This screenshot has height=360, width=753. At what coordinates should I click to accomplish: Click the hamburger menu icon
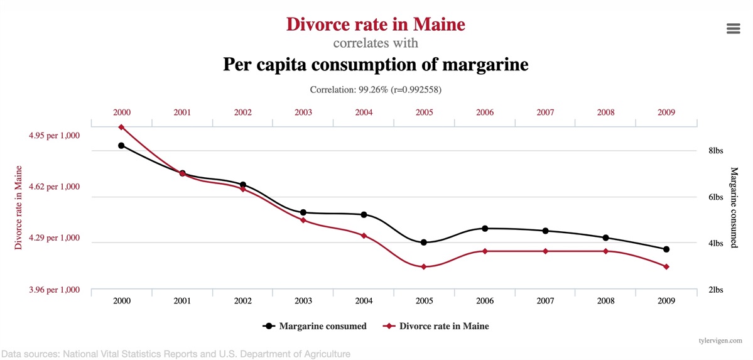pyautogui.click(x=733, y=29)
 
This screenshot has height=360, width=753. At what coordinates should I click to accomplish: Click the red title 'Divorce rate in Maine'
pyautogui.click(x=376, y=25)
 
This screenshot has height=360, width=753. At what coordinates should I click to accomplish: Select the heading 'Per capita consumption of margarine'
pyautogui.click(x=376, y=65)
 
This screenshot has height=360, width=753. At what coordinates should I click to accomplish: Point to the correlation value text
pyautogui.click(x=376, y=90)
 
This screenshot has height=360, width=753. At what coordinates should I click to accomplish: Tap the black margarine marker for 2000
pyautogui.click(x=122, y=146)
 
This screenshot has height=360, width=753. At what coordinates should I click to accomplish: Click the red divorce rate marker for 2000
pyautogui.click(x=122, y=127)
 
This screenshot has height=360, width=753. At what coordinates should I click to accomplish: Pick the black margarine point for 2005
pyautogui.click(x=424, y=243)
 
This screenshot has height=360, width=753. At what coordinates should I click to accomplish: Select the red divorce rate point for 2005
pyautogui.click(x=424, y=267)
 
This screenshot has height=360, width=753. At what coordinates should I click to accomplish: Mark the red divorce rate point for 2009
pyautogui.click(x=666, y=267)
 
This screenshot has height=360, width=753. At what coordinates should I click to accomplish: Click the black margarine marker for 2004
pyautogui.click(x=364, y=215)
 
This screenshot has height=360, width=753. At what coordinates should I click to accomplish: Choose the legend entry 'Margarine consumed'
pyautogui.click(x=315, y=326)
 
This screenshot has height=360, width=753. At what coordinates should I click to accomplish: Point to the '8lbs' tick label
pyautogui.click(x=716, y=151)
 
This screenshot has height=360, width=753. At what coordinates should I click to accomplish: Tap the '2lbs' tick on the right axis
pyautogui.click(x=716, y=290)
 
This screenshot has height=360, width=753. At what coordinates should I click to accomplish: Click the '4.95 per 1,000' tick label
pyautogui.click(x=55, y=135)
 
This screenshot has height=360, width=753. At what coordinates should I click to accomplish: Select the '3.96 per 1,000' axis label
pyautogui.click(x=55, y=290)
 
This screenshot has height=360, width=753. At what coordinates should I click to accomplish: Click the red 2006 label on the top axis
pyautogui.click(x=485, y=112)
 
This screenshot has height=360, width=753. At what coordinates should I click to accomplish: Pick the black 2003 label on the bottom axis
pyautogui.click(x=303, y=302)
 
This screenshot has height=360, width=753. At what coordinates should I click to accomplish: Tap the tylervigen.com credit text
pyautogui.click(x=720, y=340)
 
